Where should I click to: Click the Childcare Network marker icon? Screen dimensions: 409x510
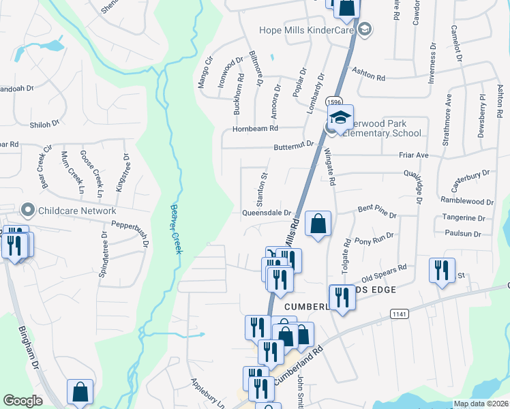28,210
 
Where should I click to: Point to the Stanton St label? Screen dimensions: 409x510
260,183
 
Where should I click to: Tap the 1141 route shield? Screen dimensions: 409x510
399,314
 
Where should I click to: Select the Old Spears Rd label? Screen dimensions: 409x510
384,271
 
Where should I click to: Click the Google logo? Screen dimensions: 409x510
22,401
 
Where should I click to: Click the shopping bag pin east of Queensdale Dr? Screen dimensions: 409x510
318,223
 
